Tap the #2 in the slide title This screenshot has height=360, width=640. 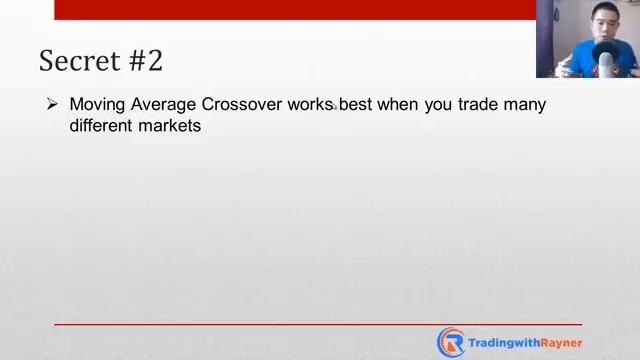coord(145,61)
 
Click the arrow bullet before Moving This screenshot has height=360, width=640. coord(52,104)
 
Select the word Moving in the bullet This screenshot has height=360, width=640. coord(98,104)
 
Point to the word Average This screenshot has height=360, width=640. coord(164,104)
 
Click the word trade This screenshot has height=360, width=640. coord(480,104)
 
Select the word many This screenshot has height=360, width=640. coord(527,104)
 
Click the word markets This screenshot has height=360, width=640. coord(171,126)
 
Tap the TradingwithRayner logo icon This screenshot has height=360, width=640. coord(451,342)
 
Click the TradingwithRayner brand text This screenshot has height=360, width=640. coord(525,342)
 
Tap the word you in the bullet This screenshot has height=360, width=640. coord(440,104)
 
